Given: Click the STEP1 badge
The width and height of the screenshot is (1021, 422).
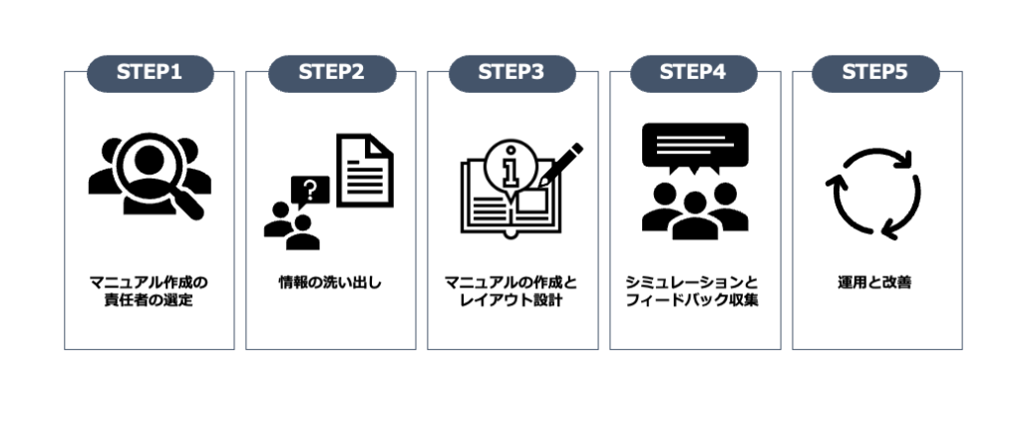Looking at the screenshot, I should tap(150, 73).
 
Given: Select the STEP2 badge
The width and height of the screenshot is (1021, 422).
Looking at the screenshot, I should tap(332, 73).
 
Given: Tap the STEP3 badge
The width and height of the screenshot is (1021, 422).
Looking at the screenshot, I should tap(512, 73).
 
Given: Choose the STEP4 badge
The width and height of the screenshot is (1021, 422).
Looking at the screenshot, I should tap(694, 73).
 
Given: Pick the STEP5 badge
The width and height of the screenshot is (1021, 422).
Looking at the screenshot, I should tap(875, 73).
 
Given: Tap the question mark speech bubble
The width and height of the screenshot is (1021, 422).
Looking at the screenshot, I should tap(309, 190).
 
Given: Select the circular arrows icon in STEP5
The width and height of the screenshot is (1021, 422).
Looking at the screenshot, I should tap(874, 196).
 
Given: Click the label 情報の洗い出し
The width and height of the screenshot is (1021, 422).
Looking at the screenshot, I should tap(331, 282).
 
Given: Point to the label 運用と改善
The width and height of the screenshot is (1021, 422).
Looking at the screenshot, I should tap(875, 282).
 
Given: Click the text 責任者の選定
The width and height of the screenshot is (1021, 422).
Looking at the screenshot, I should tap(150, 300).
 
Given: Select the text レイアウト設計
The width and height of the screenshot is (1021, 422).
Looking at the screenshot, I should tap(512, 300).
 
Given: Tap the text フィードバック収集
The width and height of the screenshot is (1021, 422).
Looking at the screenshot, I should tap(694, 300).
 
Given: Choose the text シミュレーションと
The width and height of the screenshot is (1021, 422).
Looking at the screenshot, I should tap(694, 281).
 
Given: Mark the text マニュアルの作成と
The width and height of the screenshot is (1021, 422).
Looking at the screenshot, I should tap(512, 281).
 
